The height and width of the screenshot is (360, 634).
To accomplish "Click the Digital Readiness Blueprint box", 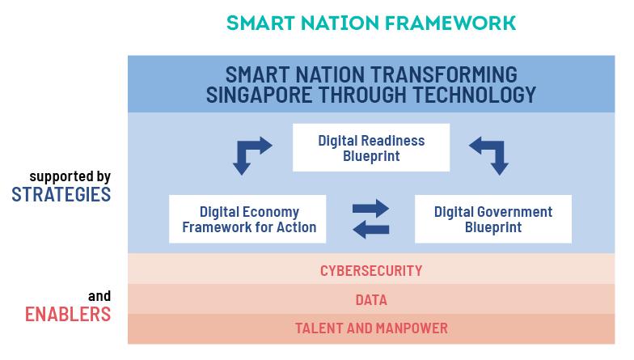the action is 371,147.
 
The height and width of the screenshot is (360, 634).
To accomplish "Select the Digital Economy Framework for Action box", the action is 247,219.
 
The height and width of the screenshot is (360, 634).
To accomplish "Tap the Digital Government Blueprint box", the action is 493,219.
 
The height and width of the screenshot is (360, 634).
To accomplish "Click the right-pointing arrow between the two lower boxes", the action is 370,209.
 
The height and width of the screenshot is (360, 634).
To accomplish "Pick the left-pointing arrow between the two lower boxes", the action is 370,230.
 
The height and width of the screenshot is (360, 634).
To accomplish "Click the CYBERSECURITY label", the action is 371,270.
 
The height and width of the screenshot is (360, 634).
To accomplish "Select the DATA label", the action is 371,300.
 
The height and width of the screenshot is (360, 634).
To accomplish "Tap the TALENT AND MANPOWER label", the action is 371,328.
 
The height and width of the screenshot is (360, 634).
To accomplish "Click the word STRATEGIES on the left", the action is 61,195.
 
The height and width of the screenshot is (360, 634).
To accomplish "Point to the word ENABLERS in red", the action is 68,314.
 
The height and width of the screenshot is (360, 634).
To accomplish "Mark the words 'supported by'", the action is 70,176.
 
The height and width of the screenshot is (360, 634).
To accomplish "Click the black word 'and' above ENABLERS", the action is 99,296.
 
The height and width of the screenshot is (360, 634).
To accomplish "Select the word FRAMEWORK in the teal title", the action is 450,23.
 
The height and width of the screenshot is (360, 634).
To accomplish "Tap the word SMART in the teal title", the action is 260,23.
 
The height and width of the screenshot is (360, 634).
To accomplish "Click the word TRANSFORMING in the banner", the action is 444,74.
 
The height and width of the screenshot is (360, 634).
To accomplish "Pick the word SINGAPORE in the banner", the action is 259,95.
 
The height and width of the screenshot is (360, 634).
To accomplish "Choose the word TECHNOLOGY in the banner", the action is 474,95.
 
